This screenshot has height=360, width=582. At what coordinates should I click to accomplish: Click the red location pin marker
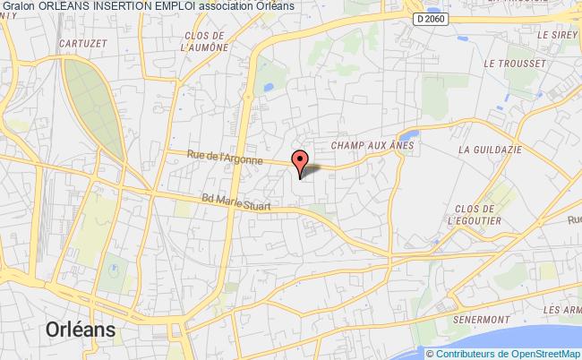point(301,162)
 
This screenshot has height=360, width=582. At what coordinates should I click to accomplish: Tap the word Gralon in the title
point(16,7)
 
